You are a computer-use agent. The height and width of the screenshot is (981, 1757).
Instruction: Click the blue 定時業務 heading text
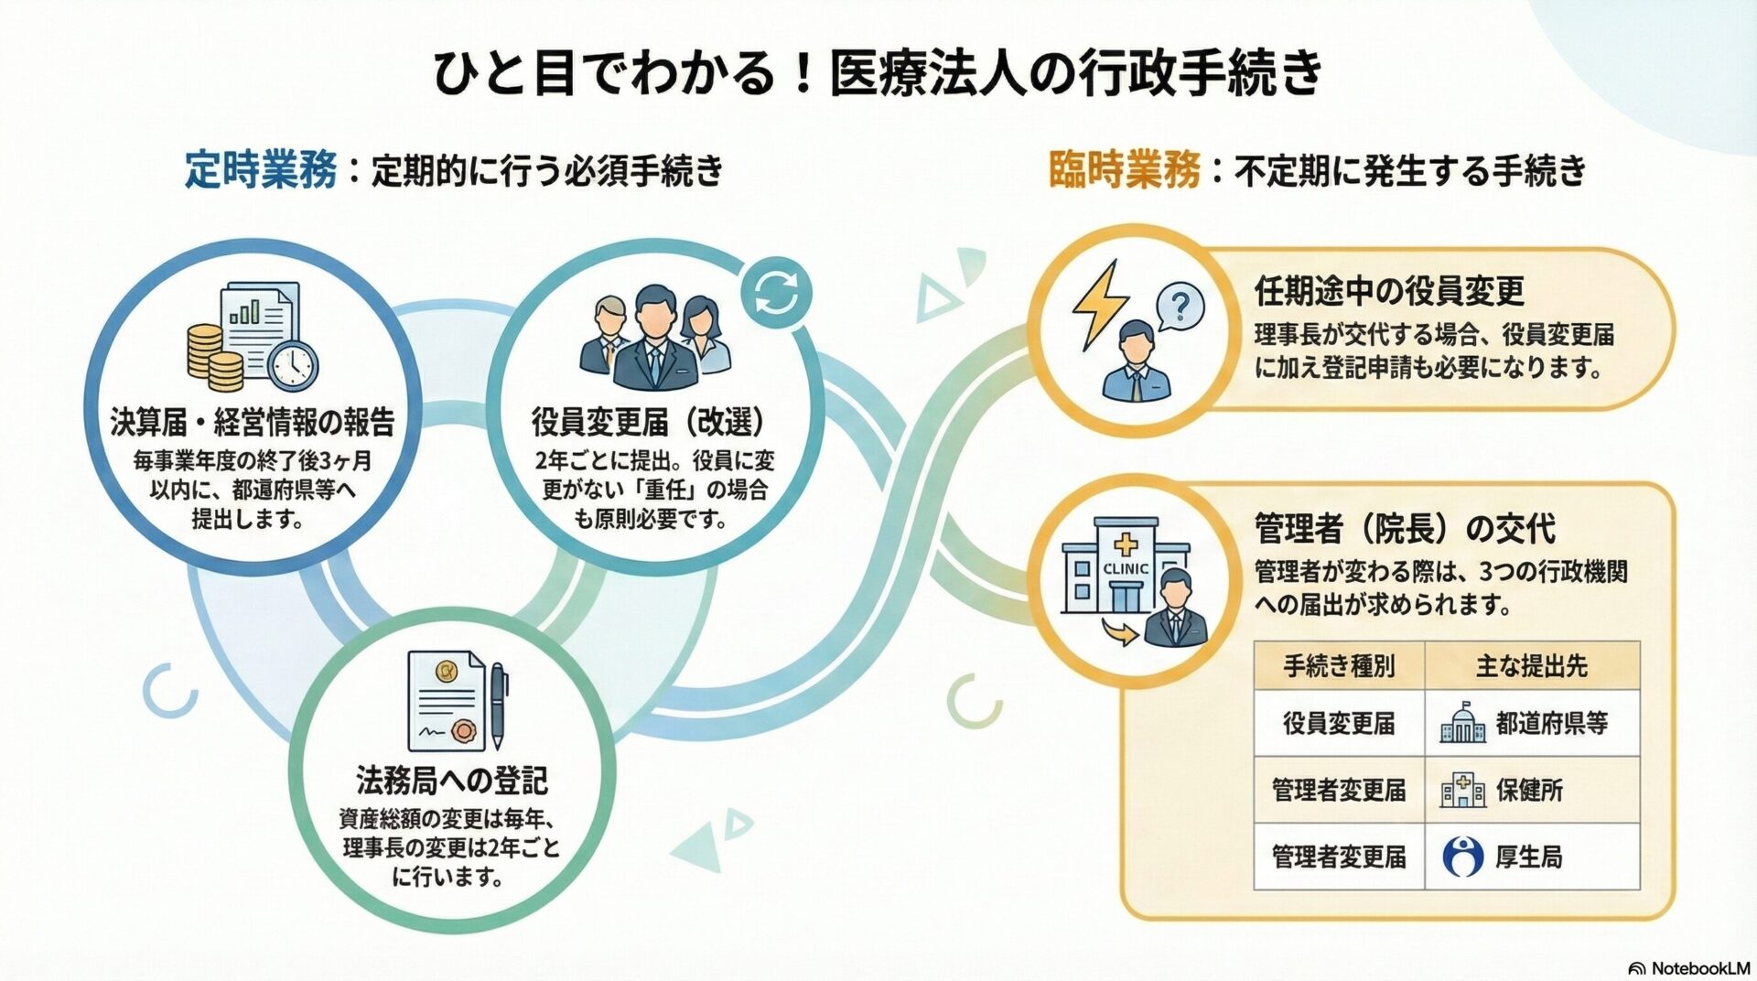[261, 170]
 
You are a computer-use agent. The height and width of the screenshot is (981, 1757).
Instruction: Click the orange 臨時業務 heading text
[1124, 170]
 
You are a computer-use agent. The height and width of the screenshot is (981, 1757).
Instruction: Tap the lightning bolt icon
[1100, 304]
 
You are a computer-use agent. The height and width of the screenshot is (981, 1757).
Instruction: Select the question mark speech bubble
[1180, 306]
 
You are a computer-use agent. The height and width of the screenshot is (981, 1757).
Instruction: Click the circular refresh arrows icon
[776, 293]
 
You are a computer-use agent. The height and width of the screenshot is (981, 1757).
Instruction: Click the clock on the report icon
[294, 365]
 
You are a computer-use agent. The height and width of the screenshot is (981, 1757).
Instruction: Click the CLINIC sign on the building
[1126, 568]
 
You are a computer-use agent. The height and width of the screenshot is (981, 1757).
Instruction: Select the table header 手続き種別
[1339, 666]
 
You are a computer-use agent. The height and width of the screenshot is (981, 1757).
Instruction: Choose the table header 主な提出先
[1532, 666]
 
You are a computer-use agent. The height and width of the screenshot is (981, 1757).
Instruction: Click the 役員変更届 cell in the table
[1339, 724]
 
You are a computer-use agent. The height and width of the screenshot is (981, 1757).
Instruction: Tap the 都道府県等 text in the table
[1552, 724]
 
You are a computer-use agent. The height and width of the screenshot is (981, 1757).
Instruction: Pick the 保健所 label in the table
[1530, 790]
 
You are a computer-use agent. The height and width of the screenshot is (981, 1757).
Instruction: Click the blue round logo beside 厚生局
[1462, 857]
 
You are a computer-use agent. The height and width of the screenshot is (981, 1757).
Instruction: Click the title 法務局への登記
[452, 782]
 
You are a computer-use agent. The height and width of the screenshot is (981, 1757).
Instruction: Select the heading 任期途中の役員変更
[1390, 292]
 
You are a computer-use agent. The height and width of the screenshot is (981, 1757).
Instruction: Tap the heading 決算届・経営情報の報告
[253, 422]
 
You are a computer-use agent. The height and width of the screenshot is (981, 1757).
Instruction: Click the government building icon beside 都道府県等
[1462, 723]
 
